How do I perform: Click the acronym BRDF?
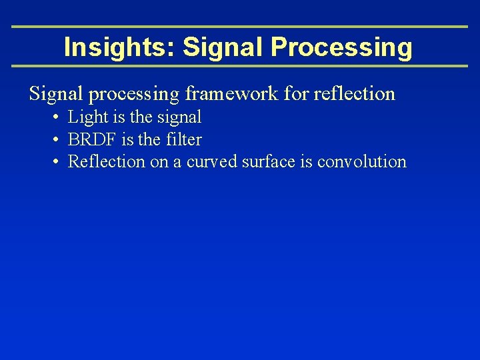[x=93, y=140]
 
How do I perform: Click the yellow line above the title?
[x=240, y=27]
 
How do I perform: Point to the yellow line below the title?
[x=240, y=66]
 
